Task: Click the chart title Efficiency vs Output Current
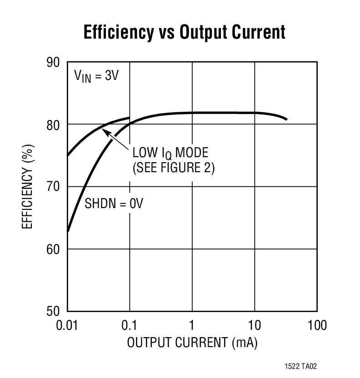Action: [x=184, y=33]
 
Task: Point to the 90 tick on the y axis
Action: [x=54, y=62]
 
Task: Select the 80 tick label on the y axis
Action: [x=54, y=124]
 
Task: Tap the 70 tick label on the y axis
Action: [x=54, y=187]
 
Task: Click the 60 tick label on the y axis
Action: [x=54, y=249]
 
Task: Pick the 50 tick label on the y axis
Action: [x=54, y=312]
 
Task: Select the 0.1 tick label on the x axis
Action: [x=130, y=325]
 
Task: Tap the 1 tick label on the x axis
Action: [x=192, y=325]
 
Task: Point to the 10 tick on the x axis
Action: [x=254, y=325]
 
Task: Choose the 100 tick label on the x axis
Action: [x=317, y=325]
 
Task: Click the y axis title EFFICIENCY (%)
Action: [x=28, y=186]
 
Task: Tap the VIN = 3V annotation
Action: [x=96, y=75]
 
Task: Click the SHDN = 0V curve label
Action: [x=114, y=204]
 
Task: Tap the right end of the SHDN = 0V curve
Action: [x=286, y=119]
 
